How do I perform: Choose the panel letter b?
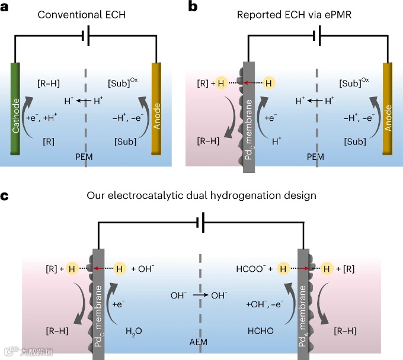click(208, 7)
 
